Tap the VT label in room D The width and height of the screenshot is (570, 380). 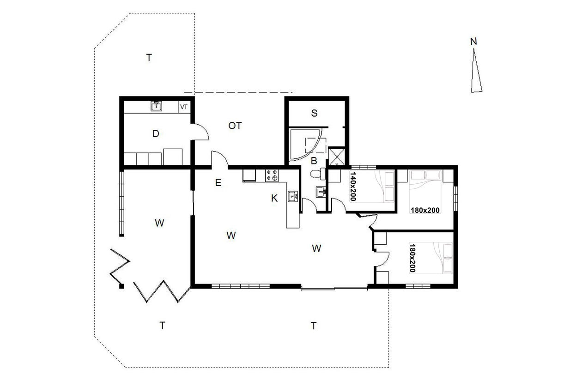(184, 107)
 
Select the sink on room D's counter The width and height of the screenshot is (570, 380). (156, 106)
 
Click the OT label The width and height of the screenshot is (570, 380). (235, 126)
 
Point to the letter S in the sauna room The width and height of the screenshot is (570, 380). (314, 113)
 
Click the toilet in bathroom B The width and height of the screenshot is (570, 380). (318, 174)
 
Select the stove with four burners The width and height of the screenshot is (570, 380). (272, 175)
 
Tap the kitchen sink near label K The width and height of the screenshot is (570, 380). (293, 196)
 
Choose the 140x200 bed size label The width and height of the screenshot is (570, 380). (353, 186)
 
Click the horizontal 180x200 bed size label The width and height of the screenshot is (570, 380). (425, 211)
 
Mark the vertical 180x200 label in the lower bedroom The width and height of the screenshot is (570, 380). (412, 258)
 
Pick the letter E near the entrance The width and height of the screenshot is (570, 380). (218, 183)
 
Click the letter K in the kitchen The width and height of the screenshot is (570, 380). (274, 198)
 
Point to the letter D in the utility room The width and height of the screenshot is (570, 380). (156, 133)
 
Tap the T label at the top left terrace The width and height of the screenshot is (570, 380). (149, 58)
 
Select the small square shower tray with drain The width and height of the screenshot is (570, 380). (336, 157)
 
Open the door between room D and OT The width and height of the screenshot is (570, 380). (200, 132)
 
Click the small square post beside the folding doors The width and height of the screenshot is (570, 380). (121, 286)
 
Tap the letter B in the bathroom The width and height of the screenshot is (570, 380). (314, 161)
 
